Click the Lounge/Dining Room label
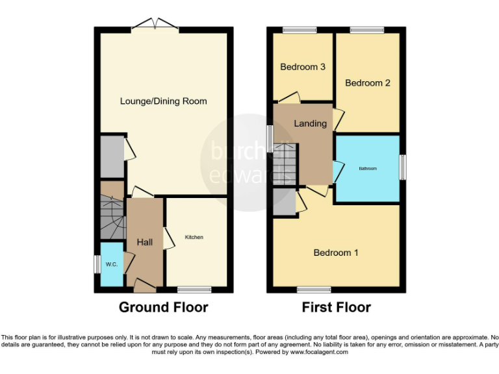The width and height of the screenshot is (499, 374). [163, 101]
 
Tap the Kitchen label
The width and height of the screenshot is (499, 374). [194, 238]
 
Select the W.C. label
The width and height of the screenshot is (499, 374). [111, 264]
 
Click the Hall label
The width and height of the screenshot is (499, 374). [144, 242]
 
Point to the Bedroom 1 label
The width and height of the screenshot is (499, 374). [335, 253]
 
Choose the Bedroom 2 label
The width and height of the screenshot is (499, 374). [367, 83]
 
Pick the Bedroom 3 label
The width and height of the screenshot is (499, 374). [302, 67]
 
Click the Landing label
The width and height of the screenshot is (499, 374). [310, 123]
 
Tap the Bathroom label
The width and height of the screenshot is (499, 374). [368, 169]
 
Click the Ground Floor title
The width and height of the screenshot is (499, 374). [163, 307]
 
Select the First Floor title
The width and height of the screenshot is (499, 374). [336, 307]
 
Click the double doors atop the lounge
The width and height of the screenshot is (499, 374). [155, 27]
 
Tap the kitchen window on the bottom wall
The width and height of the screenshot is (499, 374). [194, 289]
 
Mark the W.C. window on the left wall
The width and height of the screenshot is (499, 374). [96, 264]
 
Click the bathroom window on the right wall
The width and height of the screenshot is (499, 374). [403, 168]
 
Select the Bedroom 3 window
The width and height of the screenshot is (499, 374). [300, 30]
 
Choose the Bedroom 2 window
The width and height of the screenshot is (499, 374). [366, 30]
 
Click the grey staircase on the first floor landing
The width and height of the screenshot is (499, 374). [284, 164]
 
